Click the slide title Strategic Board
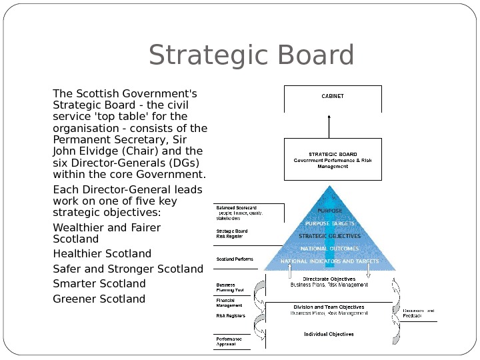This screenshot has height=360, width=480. coord(251,56)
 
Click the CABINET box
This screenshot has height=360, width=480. coord(333,97)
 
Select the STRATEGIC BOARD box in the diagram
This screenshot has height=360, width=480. coord(333,159)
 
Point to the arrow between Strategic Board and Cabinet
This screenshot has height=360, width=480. coord(329,125)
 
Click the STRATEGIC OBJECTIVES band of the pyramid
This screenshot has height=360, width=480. coord(329,236)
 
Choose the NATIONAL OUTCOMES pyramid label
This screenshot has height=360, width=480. coord(329,249)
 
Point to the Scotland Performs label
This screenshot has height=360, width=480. coord(234,259)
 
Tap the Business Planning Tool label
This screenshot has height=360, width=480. coord(229,287)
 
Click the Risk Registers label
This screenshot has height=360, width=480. coord(231,315)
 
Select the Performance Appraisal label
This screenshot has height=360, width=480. coord(229,341)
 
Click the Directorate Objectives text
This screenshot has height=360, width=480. coord(329,279)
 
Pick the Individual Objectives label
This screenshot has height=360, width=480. coord(329,333)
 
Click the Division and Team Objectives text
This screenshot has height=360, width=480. coord(329,307)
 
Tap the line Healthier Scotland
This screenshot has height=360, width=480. coord(102,253)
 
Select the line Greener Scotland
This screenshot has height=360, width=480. coord(99,299)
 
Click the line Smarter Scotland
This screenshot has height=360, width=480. coord(99,283)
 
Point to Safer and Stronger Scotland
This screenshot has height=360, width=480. coord(127,269)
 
